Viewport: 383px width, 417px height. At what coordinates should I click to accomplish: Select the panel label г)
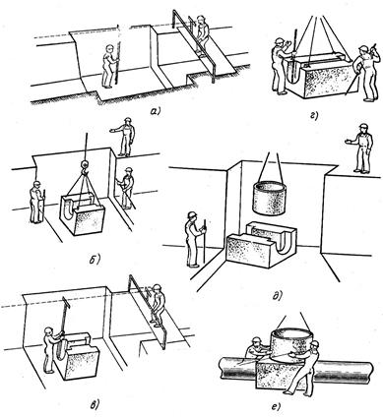coord(314,115)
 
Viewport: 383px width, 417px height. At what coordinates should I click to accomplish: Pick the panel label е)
coord(277,407)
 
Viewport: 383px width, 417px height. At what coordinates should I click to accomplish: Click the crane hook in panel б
coord(85,167)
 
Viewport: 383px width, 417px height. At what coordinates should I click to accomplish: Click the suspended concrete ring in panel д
coord(268,199)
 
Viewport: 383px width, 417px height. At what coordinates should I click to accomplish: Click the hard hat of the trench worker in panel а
coord(109,48)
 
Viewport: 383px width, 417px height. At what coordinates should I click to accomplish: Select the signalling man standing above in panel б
coord(124,137)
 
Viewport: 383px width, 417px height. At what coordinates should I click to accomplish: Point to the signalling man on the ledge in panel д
coord(360,148)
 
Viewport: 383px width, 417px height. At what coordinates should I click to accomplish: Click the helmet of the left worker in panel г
coord(280,40)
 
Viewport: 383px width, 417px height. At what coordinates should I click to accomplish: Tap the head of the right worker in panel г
coord(363,51)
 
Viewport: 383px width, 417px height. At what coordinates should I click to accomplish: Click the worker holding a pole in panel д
coord(194,239)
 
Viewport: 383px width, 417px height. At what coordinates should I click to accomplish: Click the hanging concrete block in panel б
coord(82,214)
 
